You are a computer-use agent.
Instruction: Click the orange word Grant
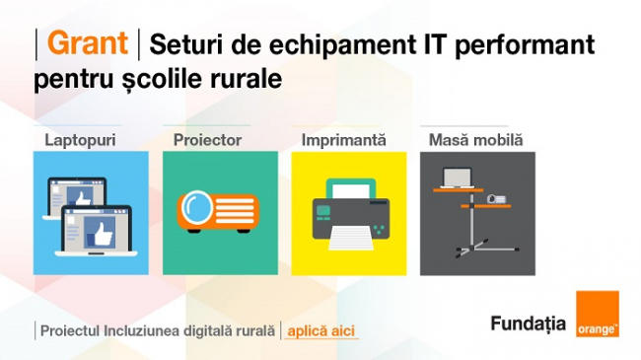pyautogui.click(x=88, y=43)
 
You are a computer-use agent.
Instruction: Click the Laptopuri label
pyautogui.click(x=80, y=140)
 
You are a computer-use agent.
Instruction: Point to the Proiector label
pyautogui.click(x=207, y=140)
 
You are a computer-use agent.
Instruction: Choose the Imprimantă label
pyautogui.click(x=343, y=140)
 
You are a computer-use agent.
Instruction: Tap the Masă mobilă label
pyautogui.click(x=475, y=140)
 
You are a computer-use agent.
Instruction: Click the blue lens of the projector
pyautogui.click(x=197, y=208)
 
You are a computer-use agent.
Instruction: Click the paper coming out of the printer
pyautogui.click(x=351, y=239)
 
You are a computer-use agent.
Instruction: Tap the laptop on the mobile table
pyautogui.click(x=458, y=179)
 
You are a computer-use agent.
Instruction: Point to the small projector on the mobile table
pyautogui.click(x=496, y=199)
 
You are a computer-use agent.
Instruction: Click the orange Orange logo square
pyautogui.click(x=598, y=314)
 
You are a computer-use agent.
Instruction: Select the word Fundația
pyautogui.click(x=529, y=324)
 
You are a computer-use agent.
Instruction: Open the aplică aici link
pyautogui.click(x=320, y=331)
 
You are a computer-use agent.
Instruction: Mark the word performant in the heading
pyautogui.click(x=525, y=45)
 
